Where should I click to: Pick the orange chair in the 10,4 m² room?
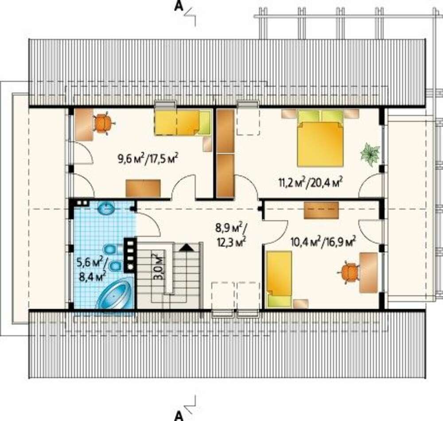pyautogui.click(x=350, y=273)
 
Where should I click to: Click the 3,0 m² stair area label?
pyautogui.click(x=159, y=266)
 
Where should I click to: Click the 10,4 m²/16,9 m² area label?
pyautogui.click(x=323, y=242)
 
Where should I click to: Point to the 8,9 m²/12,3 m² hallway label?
pyautogui.click(x=231, y=235)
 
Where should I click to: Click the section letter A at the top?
pyautogui.click(x=178, y=7)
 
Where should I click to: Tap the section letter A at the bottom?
pyautogui.click(x=178, y=416)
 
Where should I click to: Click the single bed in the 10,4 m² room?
pyautogui.click(x=279, y=279)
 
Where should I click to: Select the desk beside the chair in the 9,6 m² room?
pyautogui.click(x=84, y=125)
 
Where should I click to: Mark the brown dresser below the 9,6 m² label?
pyautogui.click(x=143, y=188)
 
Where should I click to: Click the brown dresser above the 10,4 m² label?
pyautogui.click(x=321, y=210)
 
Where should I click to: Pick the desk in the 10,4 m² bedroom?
pyautogui.click(x=369, y=273)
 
